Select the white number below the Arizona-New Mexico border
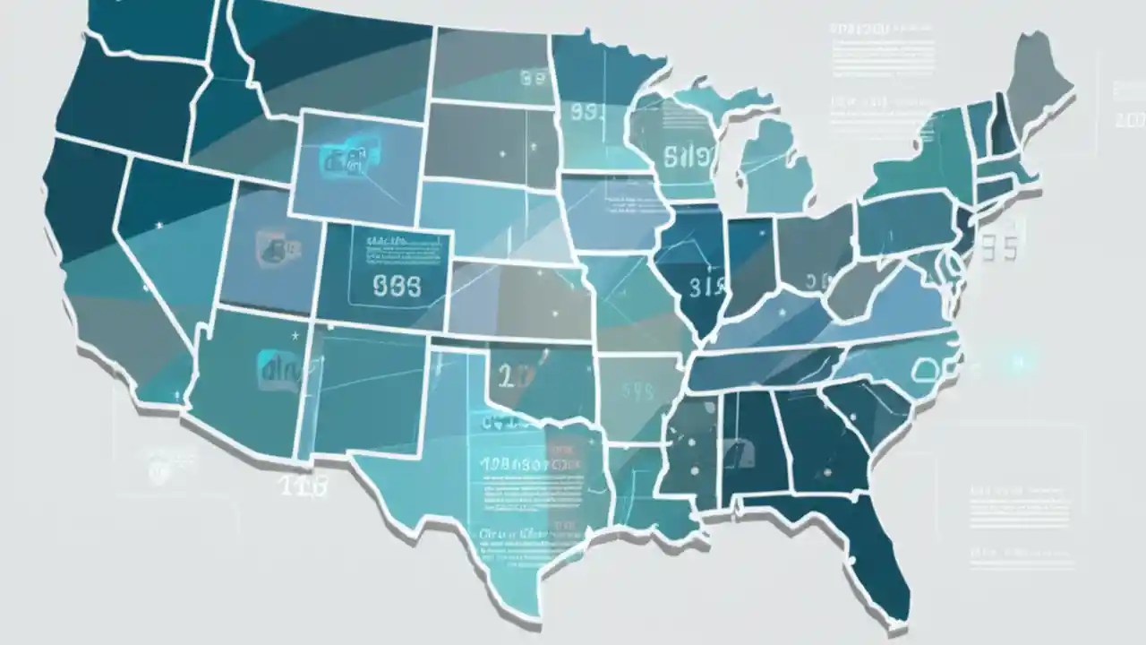point(303,486)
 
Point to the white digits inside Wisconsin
point(690,158)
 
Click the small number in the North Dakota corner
point(533,79)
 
